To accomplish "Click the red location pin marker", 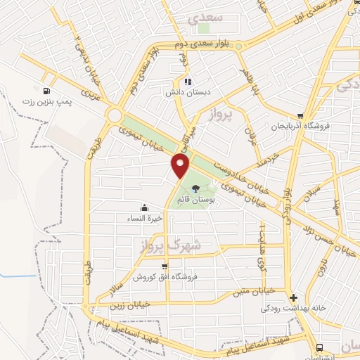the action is pos(181,166).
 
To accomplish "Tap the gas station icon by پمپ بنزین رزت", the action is pos(47,91).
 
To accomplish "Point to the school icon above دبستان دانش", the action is pos(188,82).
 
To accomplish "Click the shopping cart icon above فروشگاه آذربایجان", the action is pos(300,117).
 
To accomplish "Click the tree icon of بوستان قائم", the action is pos(195,187).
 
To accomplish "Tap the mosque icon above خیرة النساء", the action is pos(145,207).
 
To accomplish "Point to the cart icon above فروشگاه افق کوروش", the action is pos(165,266).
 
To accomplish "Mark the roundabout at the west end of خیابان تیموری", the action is pos(114,115).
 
